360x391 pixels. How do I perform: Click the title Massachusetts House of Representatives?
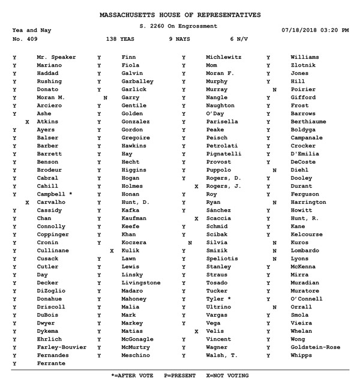point(179,14)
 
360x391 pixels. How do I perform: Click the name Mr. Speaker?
point(56,57)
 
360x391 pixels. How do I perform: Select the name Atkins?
point(47,122)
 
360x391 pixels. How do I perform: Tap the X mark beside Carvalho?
point(27,203)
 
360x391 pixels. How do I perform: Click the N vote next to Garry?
point(106,97)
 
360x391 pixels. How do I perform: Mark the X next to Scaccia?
point(196,219)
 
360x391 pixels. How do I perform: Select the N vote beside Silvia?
point(190,243)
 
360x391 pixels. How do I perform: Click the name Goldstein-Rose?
point(315,348)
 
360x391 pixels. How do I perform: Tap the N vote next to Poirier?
point(274,89)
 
